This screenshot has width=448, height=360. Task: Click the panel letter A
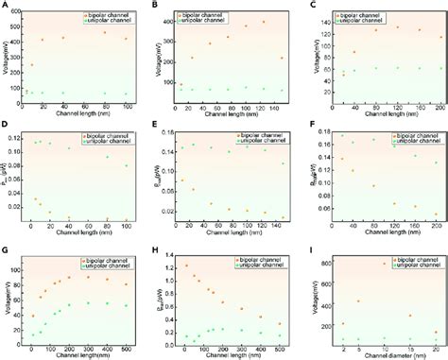pos(5,6)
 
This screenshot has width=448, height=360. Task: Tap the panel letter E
pos(155,127)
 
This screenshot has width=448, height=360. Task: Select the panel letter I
pos(308,248)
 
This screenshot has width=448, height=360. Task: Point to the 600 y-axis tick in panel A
pos(18,9)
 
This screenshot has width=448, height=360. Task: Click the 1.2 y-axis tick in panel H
pos(174,268)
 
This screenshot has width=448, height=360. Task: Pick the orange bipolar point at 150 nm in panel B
pos(282,58)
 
